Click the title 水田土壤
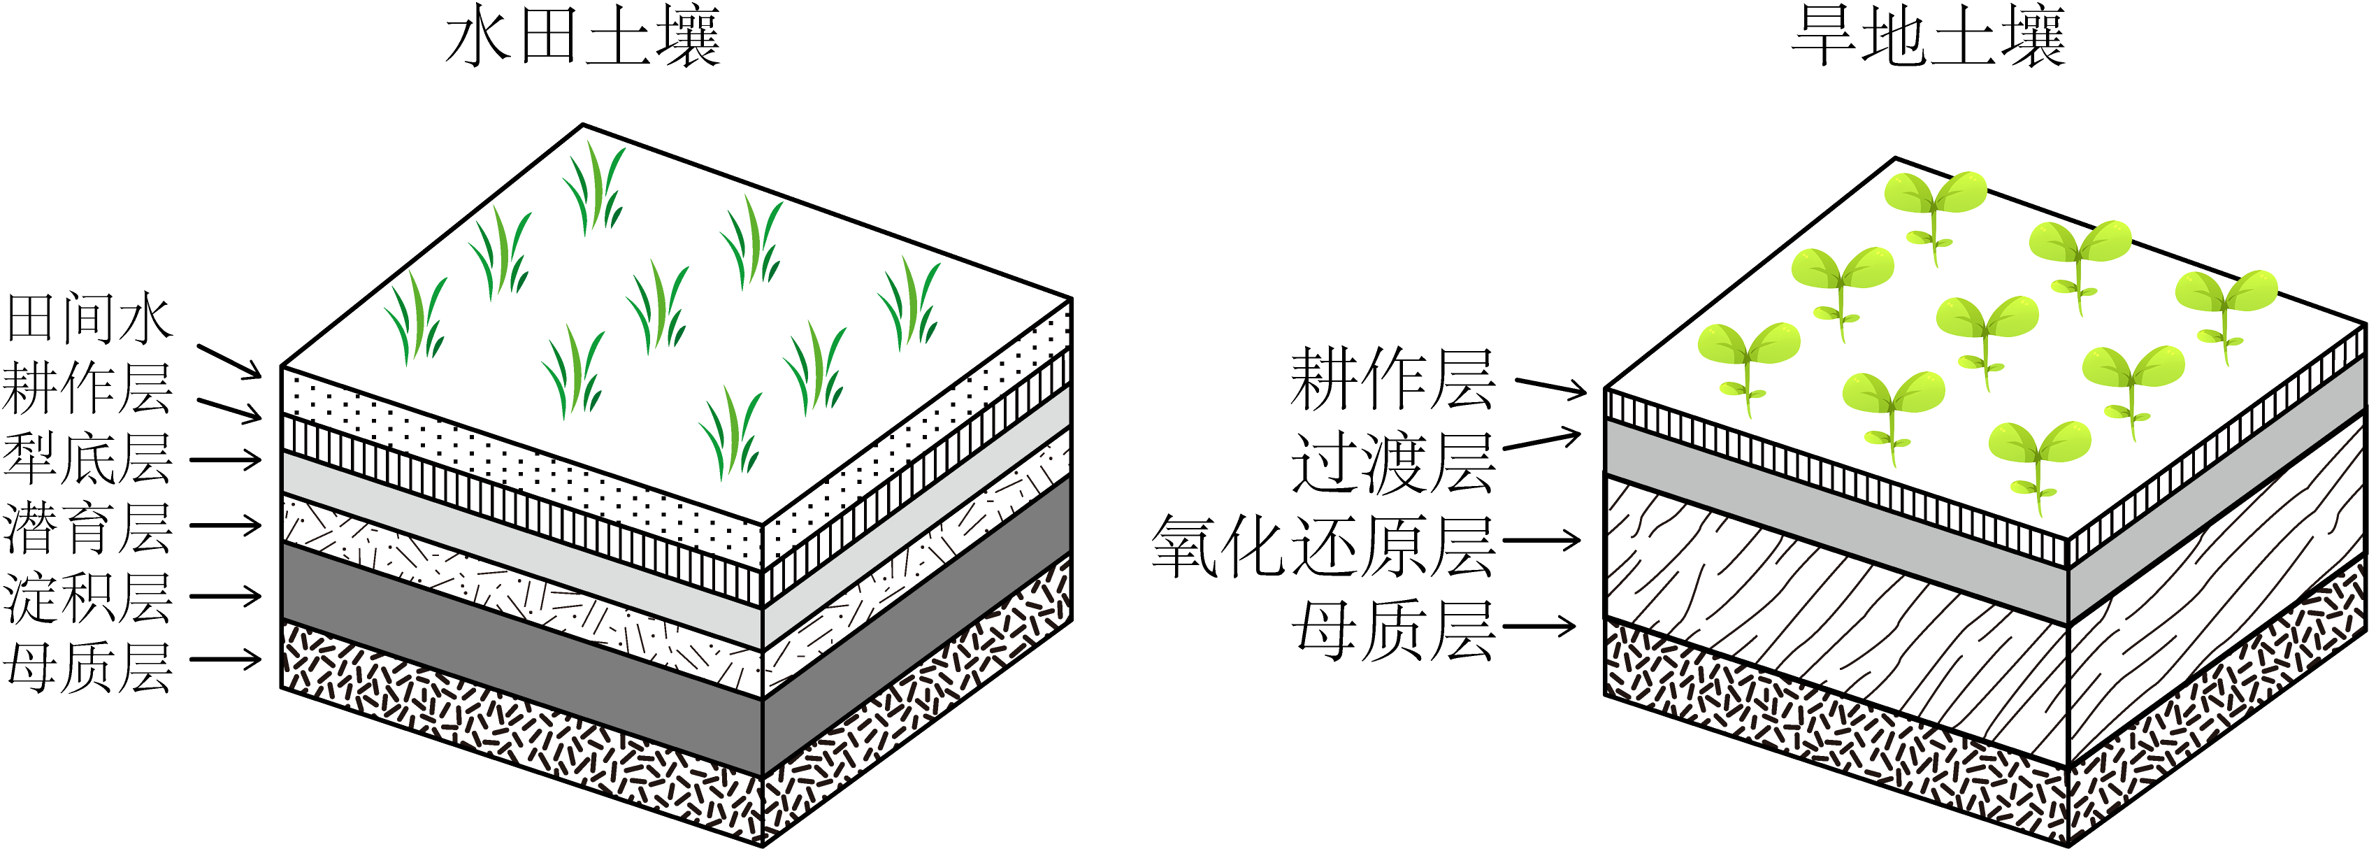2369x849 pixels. [582, 38]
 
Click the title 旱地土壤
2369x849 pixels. [1929, 38]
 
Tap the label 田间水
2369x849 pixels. [88, 319]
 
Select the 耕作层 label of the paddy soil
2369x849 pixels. [88, 388]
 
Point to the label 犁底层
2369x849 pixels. [88, 458]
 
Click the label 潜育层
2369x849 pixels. [88, 528]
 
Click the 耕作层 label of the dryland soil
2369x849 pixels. [1392, 380]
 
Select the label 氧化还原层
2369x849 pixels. [1323, 546]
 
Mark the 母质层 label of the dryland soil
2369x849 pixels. [1392, 631]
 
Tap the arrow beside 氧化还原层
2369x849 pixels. [1541, 540]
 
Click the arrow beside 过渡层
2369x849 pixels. [1542, 441]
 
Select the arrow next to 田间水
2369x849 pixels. [230, 362]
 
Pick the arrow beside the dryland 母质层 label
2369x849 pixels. [1539, 627]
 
